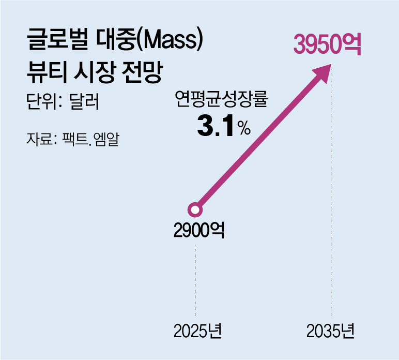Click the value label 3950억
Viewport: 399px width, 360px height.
[x=327, y=45]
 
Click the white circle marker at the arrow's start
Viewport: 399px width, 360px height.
[x=195, y=210]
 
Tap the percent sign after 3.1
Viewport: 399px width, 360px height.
[x=244, y=129]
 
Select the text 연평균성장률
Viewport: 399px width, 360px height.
[x=222, y=100]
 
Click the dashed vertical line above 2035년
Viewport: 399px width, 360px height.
[x=331, y=197]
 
